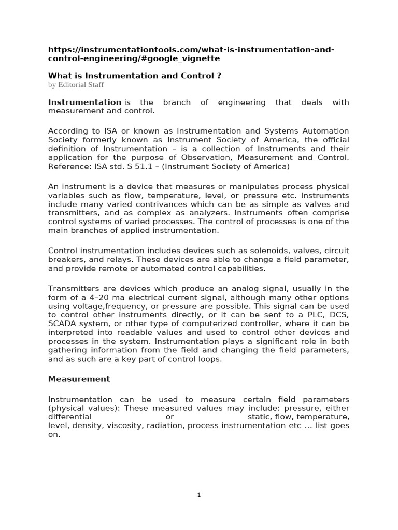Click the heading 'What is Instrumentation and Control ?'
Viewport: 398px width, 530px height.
point(135,76)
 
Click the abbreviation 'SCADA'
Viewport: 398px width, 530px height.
point(62,324)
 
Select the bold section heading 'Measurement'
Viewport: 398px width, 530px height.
point(79,379)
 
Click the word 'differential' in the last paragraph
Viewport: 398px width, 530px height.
point(70,417)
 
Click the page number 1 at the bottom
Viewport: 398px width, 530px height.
point(199,495)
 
